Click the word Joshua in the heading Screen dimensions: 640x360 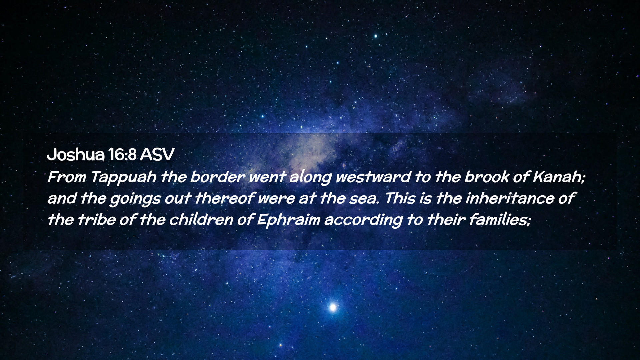point(75,154)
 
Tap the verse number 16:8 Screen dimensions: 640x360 point(122,154)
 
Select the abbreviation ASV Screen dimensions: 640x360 point(157,154)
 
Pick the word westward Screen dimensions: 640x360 point(373,177)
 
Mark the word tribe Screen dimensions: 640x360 point(96,220)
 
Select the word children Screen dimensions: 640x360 point(201,220)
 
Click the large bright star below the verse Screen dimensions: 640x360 point(333,307)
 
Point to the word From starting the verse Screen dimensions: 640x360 point(67,177)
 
